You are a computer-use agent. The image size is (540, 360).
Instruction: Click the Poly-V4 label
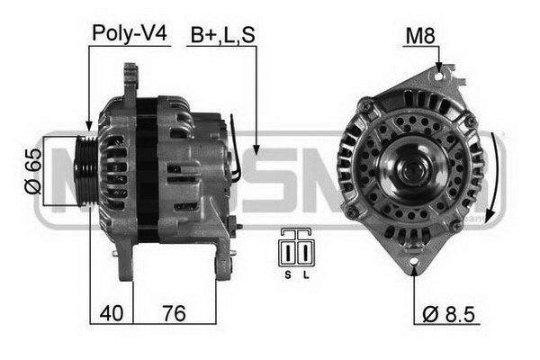point(130,34)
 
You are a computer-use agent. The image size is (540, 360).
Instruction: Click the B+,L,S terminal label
point(223,35)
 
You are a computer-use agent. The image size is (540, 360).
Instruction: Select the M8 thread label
point(420,35)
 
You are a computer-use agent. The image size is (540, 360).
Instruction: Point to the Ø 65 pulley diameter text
point(33,171)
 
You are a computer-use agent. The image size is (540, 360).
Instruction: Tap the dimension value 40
point(112,313)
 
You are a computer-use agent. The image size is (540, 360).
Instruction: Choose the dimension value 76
point(175,313)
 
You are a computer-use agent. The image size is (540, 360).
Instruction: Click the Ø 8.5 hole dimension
point(448,314)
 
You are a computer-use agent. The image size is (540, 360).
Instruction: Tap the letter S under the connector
point(288,274)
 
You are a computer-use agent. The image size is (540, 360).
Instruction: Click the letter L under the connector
point(306,274)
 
